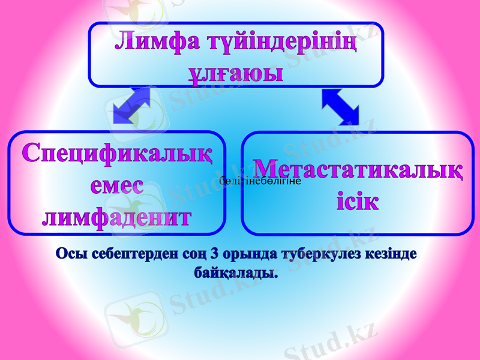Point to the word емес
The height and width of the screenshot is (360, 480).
(118, 185)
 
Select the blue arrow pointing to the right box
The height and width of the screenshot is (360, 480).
(340, 106)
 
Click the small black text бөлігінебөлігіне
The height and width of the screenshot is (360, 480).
(265, 181)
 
